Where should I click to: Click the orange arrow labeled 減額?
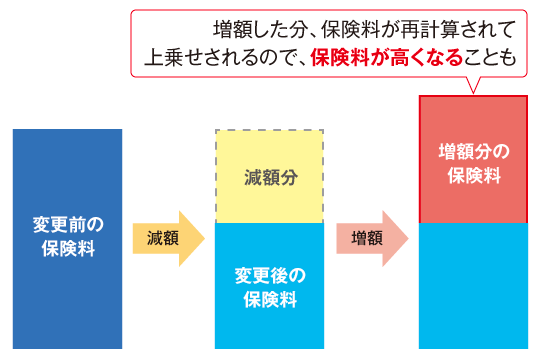click(x=166, y=239)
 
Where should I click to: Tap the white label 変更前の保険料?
click(x=67, y=239)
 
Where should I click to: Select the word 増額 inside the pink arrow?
click(x=366, y=239)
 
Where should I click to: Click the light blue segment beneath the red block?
click(x=472, y=285)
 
